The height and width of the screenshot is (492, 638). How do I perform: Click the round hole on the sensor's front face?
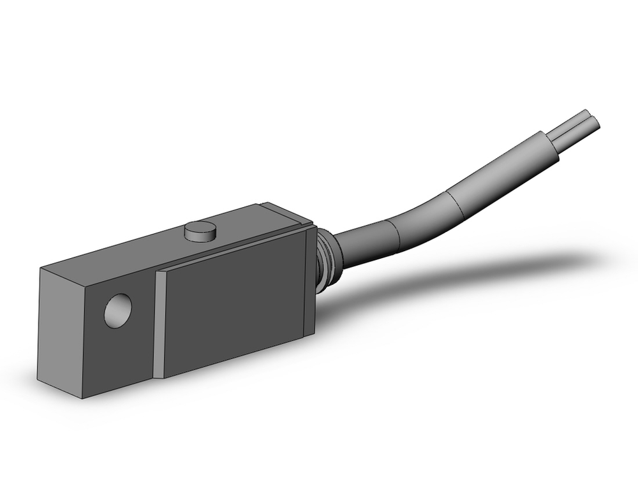click(x=118, y=311)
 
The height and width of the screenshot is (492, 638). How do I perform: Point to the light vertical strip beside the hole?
click(x=159, y=325)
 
